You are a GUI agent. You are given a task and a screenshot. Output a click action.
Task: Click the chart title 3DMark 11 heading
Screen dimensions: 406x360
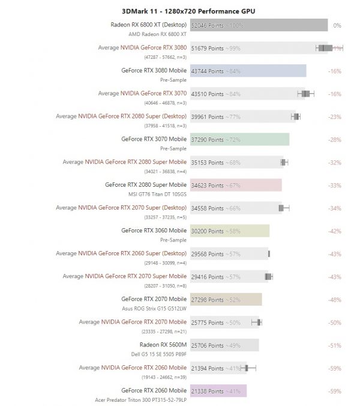[179, 11]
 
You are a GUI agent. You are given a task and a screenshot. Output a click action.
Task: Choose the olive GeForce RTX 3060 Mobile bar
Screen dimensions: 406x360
[230, 231]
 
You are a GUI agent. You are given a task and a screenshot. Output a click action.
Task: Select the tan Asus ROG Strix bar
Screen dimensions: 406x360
[226, 299]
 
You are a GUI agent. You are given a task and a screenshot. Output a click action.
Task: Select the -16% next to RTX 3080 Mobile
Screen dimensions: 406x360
[335, 71]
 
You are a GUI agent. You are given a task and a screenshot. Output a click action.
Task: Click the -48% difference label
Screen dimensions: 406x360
[335, 300]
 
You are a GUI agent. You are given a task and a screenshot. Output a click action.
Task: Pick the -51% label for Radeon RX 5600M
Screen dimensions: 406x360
[335, 345]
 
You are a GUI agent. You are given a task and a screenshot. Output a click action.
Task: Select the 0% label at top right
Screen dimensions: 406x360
[337, 26]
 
